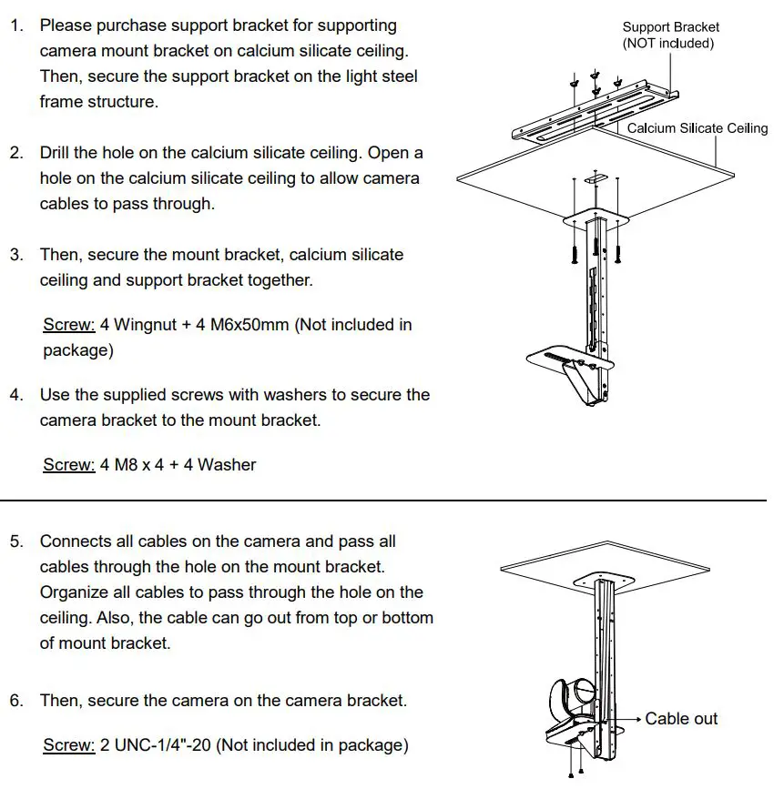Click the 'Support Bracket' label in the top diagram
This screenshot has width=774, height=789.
(670, 27)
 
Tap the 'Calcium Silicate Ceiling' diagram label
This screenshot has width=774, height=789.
(697, 128)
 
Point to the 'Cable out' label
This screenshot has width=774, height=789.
(681, 719)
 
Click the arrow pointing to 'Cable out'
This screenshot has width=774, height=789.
(629, 719)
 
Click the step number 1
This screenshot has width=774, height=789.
(16, 25)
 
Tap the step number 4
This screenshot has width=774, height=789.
(16, 395)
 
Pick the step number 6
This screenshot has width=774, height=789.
(16, 701)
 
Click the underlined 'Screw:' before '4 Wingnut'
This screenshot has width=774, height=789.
(69, 325)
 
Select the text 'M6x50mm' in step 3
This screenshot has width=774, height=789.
(250, 325)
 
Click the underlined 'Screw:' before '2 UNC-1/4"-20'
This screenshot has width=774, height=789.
(69, 745)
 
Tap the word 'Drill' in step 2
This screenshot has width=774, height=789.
(56, 153)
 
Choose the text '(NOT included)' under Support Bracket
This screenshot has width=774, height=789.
(668, 44)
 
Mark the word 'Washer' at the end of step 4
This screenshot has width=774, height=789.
(227, 465)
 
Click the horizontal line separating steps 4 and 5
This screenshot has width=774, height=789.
(387, 500)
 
